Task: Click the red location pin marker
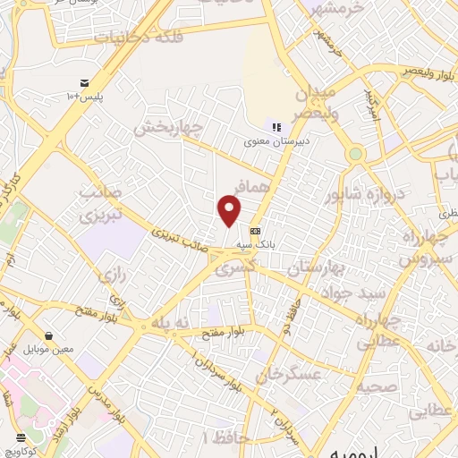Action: click(x=230, y=211)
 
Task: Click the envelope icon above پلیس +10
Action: click(x=85, y=81)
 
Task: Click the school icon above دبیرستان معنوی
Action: click(x=276, y=128)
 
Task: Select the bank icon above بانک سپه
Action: click(x=255, y=229)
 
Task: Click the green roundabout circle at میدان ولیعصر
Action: click(x=356, y=154)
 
